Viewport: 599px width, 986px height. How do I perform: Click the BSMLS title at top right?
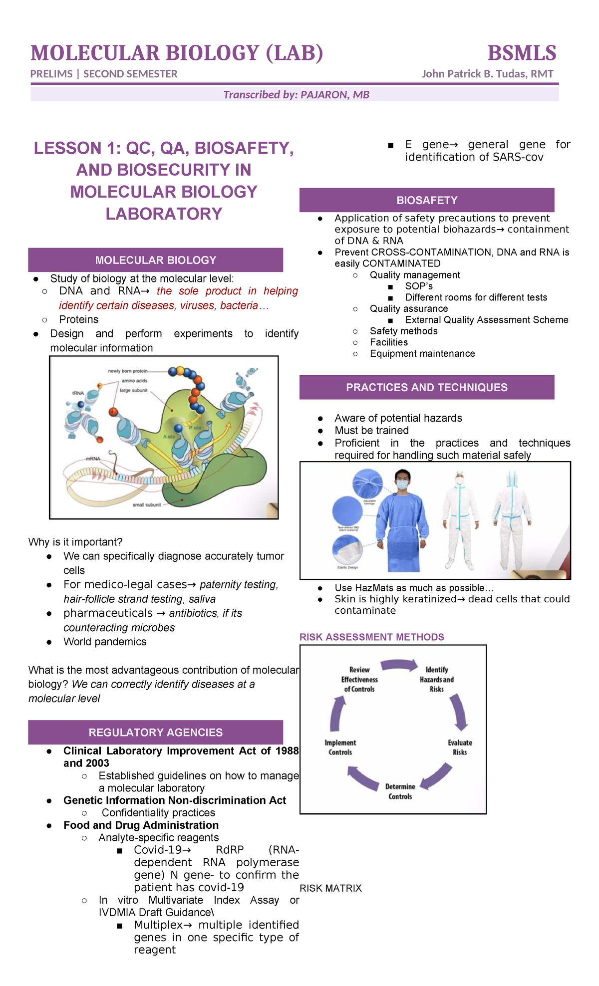(x=522, y=53)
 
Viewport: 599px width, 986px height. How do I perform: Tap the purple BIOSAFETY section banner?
(x=427, y=200)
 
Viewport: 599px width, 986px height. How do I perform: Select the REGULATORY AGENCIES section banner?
(x=155, y=733)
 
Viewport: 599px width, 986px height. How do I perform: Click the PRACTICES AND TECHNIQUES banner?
(x=427, y=387)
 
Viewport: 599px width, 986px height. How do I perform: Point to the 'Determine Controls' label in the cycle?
(x=400, y=791)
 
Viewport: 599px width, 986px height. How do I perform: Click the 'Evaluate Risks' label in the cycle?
(x=460, y=747)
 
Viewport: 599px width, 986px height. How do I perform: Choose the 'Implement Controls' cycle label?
(x=340, y=747)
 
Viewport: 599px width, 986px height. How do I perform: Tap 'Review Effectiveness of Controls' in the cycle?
(x=359, y=679)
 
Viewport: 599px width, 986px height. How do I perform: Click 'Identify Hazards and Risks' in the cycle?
(x=437, y=679)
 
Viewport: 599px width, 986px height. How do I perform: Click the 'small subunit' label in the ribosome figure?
(x=147, y=505)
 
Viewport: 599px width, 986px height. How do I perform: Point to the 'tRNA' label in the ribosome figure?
(x=78, y=393)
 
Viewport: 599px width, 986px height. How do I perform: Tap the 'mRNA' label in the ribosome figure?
(x=93, y=458)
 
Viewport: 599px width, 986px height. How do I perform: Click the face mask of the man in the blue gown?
(x=403, y=484)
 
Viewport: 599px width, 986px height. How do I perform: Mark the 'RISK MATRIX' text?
(x=330, y=888)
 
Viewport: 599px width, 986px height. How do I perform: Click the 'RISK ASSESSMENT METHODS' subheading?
(x=371, y=637)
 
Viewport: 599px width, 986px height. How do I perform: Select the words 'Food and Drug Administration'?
(x=141, y=825)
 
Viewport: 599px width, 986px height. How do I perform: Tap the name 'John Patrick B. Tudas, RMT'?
(x=487, y=74)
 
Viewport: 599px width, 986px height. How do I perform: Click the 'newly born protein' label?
(x=128, y=371)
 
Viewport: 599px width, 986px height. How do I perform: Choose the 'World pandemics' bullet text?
(x=105, y=642)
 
